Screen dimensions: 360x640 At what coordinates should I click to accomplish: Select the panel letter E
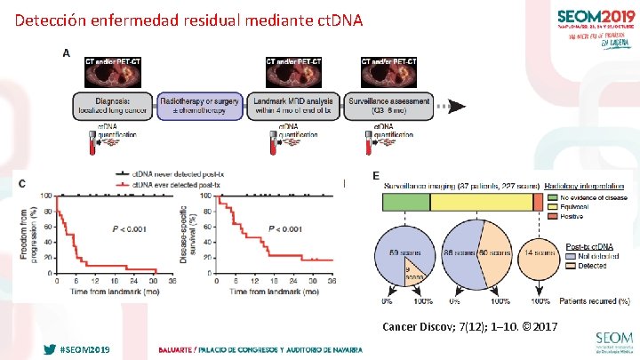click(x=376, y=177)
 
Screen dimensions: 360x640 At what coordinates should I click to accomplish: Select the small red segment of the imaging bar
click(x=538, y=203)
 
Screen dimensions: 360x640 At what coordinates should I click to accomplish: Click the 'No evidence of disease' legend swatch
click(x=553, y=197)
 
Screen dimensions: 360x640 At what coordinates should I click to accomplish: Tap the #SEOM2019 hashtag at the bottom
click(x=86, y=350)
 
